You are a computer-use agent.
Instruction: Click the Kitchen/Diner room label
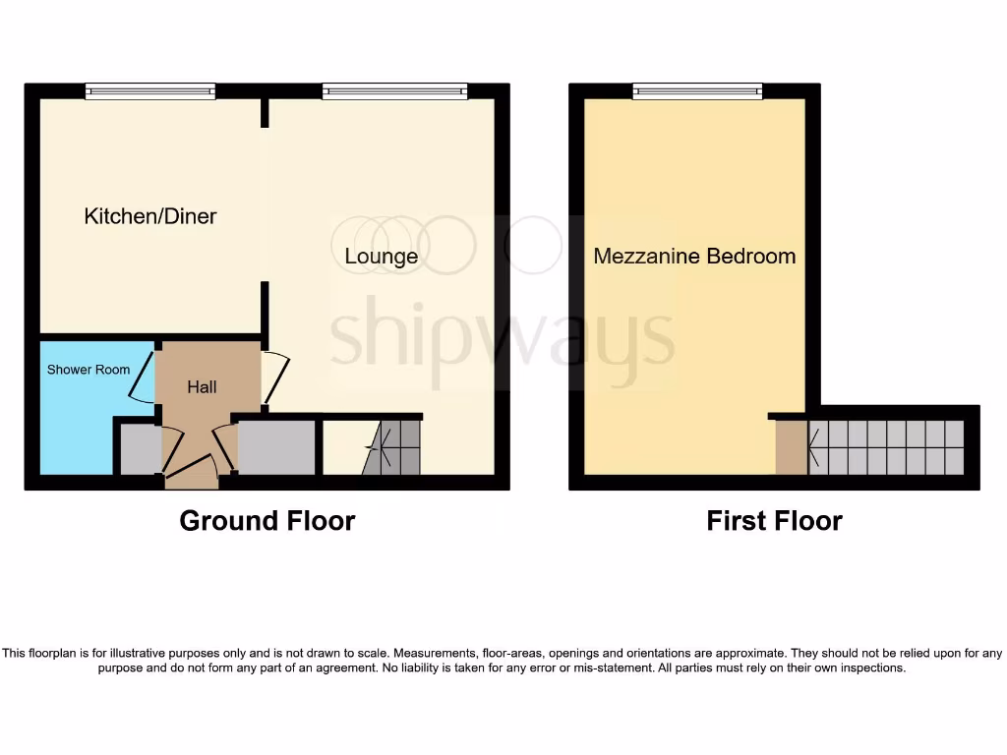click(150, 216)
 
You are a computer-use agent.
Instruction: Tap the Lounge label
click(382, 257)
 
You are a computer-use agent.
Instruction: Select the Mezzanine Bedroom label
click(694, 257)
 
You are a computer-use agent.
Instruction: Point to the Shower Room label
click(89, 370)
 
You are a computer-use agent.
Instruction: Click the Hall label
click(202, 387)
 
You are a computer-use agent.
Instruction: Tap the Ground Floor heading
click(267, 521)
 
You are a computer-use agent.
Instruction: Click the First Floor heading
click(774, 521)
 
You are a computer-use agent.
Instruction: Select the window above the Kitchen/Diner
click(149, 91)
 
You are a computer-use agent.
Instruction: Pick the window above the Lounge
click(394, 91)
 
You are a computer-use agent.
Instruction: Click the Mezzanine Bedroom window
click(697, 91)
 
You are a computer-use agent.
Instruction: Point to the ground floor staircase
click(392, 448)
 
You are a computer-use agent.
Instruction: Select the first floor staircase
click(886, 447)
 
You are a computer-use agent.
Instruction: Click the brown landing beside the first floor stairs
click(791, 447)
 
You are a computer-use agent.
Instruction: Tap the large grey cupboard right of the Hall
click(276, 447)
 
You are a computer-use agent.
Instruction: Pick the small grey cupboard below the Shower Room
click(139, 450)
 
